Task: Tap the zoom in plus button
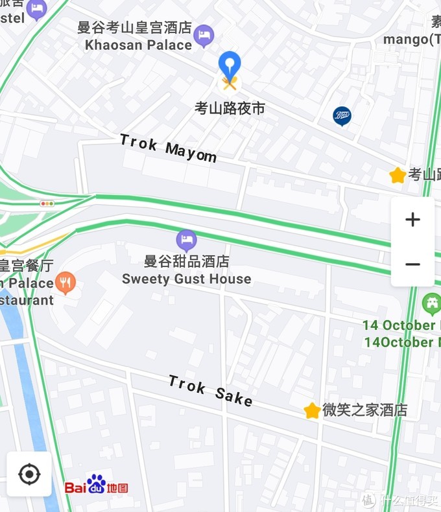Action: coord(412,220)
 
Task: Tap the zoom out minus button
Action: coord(412,264)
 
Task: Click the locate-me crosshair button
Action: coord(29,474)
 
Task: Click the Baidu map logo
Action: coord(96,485)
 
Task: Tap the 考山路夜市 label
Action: coord(230,108)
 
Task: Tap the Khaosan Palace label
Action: coord(139,45)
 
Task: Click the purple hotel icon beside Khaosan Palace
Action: coord(204,36)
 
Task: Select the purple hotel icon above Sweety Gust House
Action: coord(187,241)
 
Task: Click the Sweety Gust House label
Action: coord(187,279)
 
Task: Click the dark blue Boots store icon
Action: coord(342,116)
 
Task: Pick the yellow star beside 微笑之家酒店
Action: coord(312,410)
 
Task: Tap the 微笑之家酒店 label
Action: coord(364,410)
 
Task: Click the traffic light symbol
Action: coord(47,204)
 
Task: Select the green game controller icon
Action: coord(431,303)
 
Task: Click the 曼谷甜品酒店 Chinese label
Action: coord(187,262)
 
